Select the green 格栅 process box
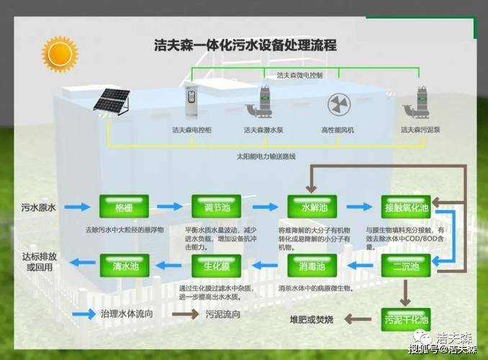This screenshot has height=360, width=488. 123,208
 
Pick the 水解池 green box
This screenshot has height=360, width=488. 313,208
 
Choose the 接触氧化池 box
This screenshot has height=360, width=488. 405,208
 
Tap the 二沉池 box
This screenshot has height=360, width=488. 405,267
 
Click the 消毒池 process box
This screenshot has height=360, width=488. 313,267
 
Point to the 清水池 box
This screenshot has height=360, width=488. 123,267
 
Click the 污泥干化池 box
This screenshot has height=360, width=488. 405,318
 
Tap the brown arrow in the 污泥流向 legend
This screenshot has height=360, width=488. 189,315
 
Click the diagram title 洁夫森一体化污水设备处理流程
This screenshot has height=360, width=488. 245,45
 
